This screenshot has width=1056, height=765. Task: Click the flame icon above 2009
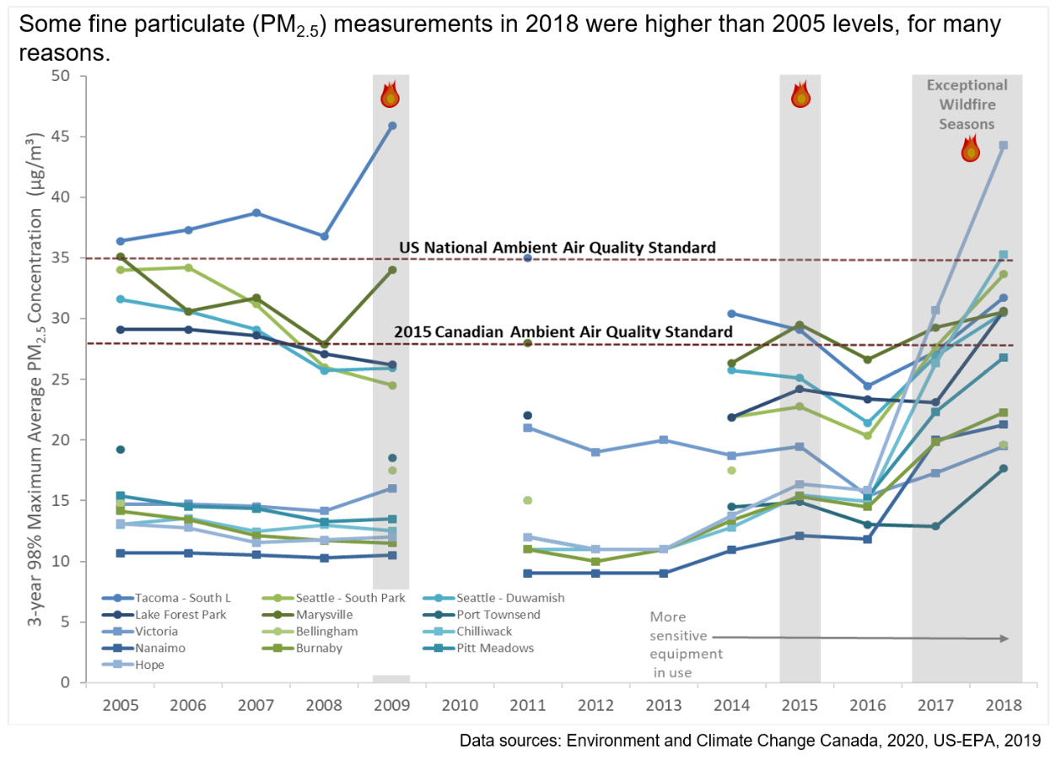coord(390,94)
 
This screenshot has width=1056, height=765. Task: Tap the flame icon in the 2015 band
coord(800,94)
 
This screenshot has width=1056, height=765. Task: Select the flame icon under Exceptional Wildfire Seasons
coord(972,149)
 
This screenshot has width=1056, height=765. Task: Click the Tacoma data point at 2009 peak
coord(391,126)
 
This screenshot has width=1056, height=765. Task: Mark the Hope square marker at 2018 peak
coord(1003,145)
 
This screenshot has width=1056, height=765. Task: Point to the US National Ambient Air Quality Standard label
coord(557,248)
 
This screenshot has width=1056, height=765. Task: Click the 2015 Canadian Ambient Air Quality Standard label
coord(563,332)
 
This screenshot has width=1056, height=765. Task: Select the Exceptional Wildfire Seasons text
coord(967,105)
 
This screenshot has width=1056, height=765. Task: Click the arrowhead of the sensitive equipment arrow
coord(1005,638)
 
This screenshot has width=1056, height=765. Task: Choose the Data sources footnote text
coord(750,741)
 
